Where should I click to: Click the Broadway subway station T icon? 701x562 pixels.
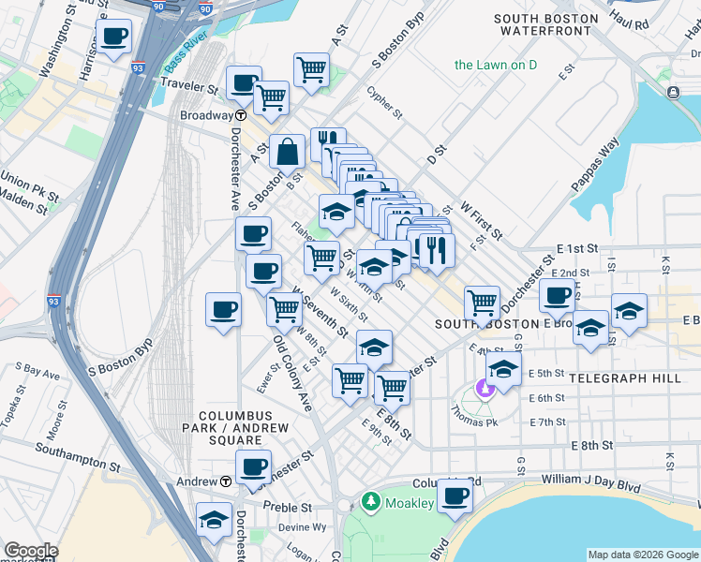click(x=241, y=115)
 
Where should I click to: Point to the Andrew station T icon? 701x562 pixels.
click(x=226, y=481)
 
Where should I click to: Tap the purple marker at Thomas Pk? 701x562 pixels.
click(x=485, y=387)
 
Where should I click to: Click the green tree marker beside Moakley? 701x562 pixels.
click(x=371, y=502)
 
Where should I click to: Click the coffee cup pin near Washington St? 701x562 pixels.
click(x=113, y=38)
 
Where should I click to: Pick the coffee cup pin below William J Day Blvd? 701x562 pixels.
click(x=455, y=496)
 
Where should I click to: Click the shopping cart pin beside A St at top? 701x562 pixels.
click(x=310, y=68)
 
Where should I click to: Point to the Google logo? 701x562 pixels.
click(x=31, y=552)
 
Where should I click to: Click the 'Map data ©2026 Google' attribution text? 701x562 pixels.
click(x=643, y=555)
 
